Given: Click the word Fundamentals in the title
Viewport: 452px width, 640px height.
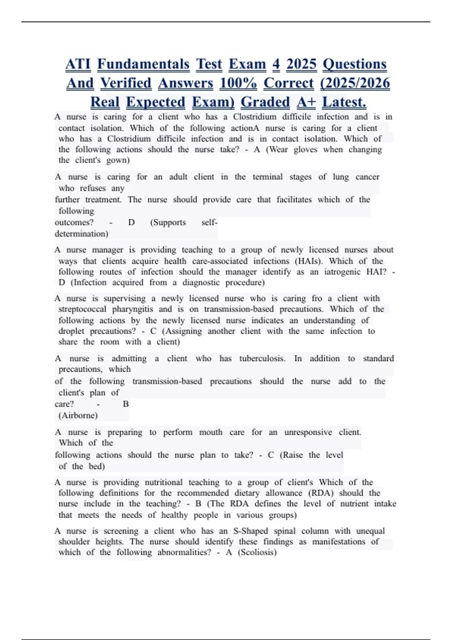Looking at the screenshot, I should pos(143,64).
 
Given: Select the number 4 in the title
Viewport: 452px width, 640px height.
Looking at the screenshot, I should pos(276,64).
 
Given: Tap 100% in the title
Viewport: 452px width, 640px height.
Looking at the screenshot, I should pos(238,83).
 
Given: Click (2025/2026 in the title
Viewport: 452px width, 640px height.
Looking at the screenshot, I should pos(355,83).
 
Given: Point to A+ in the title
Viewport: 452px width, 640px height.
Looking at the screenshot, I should pos(306,102).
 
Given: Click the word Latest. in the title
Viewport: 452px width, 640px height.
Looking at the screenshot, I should pos(344,102).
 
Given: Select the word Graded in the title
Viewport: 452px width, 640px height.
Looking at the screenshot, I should pos(265,102).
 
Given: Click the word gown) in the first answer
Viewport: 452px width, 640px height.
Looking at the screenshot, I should pos(118,160).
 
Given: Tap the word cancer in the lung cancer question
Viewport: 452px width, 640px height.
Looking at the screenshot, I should pos(367,177).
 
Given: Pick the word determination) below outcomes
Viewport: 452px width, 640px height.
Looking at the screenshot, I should pos(81,234).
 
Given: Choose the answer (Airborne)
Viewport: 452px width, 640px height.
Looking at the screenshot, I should pos(78,416).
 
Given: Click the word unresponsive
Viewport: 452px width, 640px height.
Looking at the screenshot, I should pos(308,432).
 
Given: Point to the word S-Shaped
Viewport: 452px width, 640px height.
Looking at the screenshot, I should pos(250,531).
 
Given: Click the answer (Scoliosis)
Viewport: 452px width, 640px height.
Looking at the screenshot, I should pos(257,553).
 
